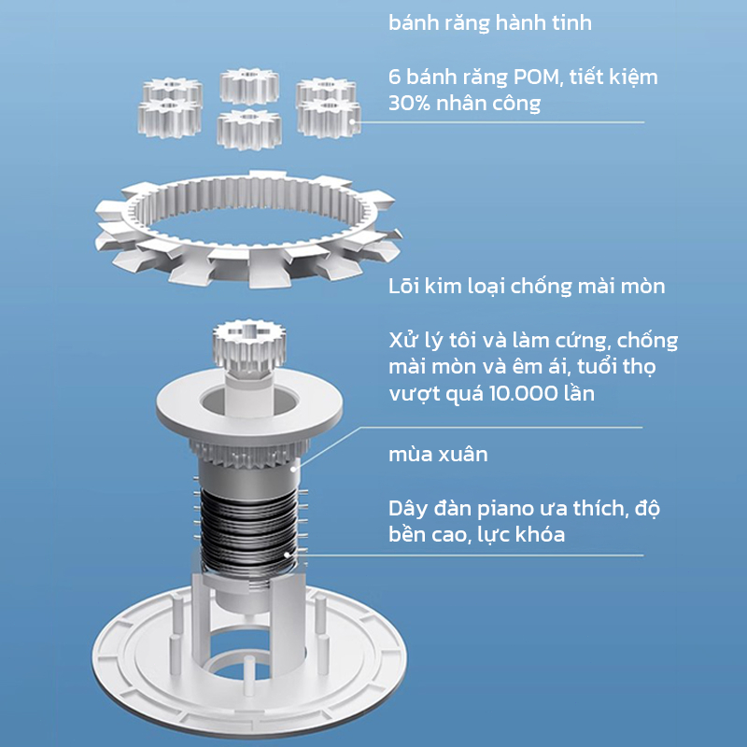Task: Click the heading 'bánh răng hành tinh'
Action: pyautogui.click(x=489, y=22)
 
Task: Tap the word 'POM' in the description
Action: pyautogui.click(x=535, y=77)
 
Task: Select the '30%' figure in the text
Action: pyautogui.click(x=409, y=104)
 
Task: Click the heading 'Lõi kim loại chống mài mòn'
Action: pyautogui.click(x=527, y=287)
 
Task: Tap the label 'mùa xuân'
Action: pyautogui.click(x=438, y=455)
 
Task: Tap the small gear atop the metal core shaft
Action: pyautogui.click(x=248, y=343)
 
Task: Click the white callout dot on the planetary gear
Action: pyautogui.click(x=352, y=121)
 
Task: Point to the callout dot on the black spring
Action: pyautogui.click(x=287, y=555)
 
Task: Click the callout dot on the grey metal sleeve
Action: pyautogui.click(x=293, y=469)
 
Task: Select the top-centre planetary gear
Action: pyautogui.click(x=249, y=86)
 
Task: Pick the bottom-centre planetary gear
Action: pyautogui.click(x=248, y=129)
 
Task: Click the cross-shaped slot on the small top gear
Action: pyautogui.click(x=248, y=331)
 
